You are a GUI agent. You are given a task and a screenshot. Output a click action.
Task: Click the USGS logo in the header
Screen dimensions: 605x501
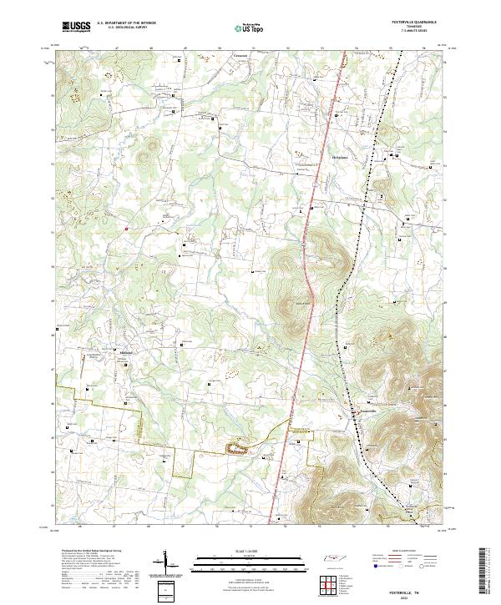76,27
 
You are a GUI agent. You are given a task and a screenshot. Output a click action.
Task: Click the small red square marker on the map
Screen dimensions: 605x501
126,227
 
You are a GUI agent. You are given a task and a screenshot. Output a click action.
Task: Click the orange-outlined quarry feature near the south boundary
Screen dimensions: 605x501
237,449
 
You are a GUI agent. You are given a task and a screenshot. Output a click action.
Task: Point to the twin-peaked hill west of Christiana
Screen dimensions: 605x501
150,150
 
